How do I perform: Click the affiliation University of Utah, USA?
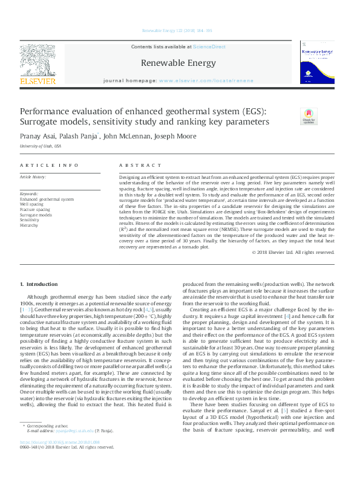pos(41,146)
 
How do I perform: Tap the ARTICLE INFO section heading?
pos(49,165)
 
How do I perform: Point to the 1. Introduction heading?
pos(39,284)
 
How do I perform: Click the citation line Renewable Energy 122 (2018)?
pos(177,30)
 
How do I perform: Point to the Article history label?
pos(34,177)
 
